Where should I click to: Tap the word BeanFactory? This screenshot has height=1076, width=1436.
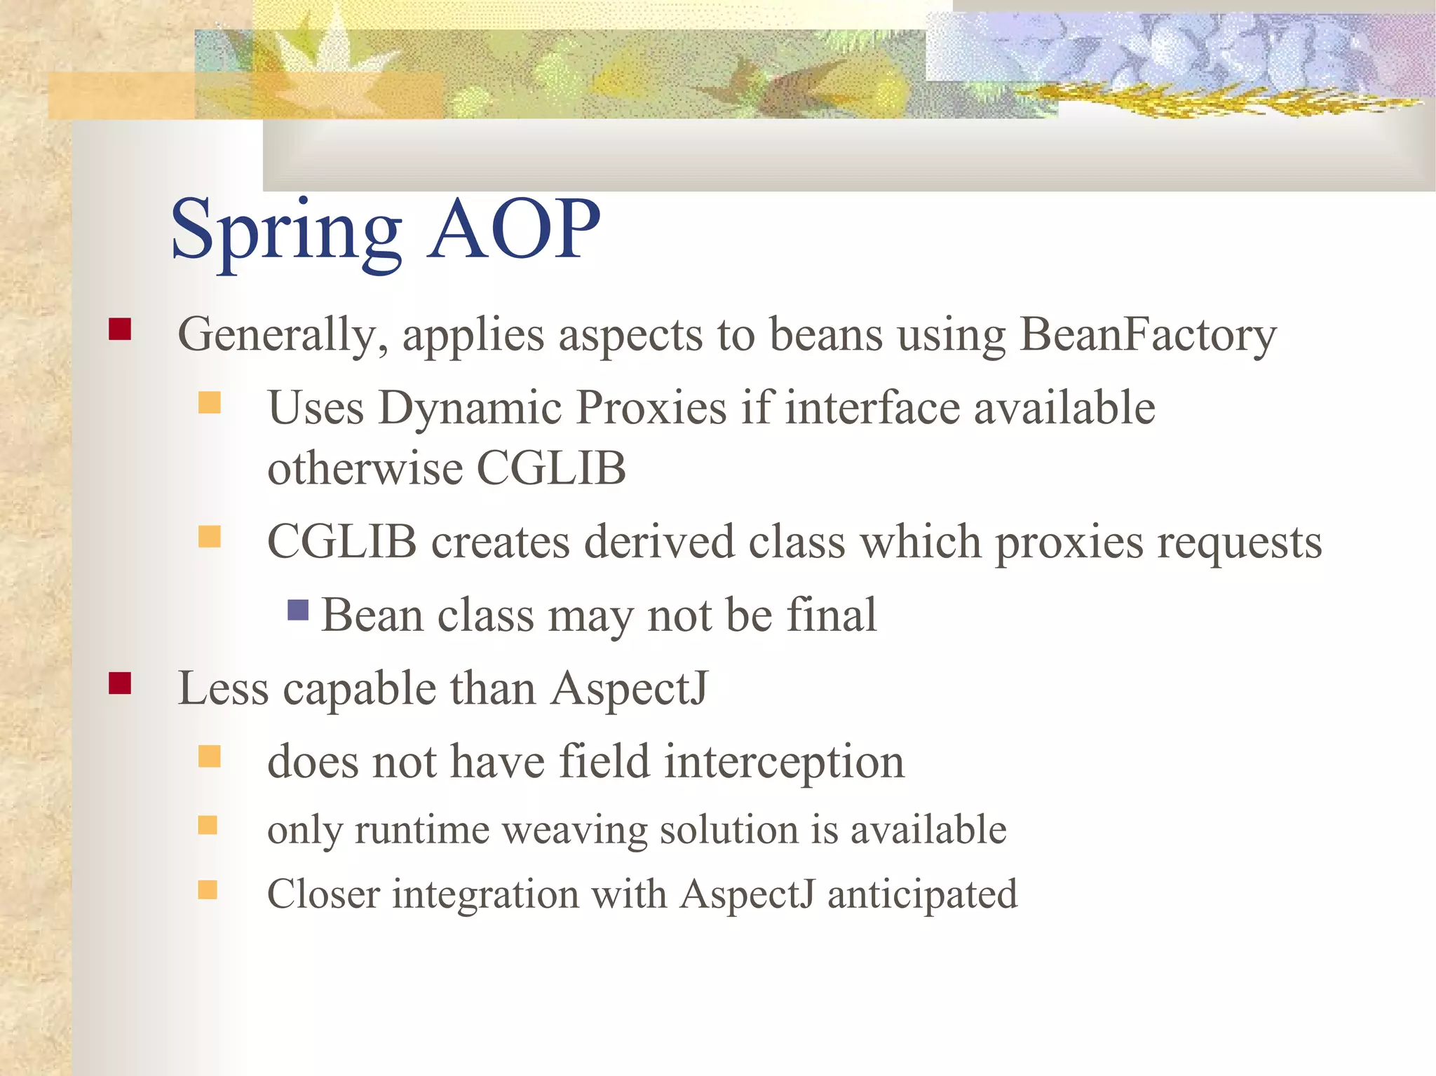pyautogui.click(x=1147, y=334)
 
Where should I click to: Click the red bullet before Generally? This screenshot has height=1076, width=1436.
pyautogui.click(x=120, y=329)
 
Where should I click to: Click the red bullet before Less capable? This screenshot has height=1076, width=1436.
pyautogui.click(x=120, y=683)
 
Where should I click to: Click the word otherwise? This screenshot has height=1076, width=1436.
pyautogui.click(x=365, y=468)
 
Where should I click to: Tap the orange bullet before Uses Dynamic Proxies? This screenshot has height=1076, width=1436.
pyautogui.click(x=209, y=403)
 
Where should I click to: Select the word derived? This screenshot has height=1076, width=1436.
pyautogui.click(x=658, y=543)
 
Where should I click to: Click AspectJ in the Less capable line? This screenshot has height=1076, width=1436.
pyautogui.click(x=629, y=688)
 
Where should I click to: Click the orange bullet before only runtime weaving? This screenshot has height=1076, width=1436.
pyautogui.click(x=208, y=825)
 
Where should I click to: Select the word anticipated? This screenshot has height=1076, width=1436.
pyautogui.click(x=922, y=895)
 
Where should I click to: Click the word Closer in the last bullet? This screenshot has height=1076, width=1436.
pyautogui.click(x=323, y=894)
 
